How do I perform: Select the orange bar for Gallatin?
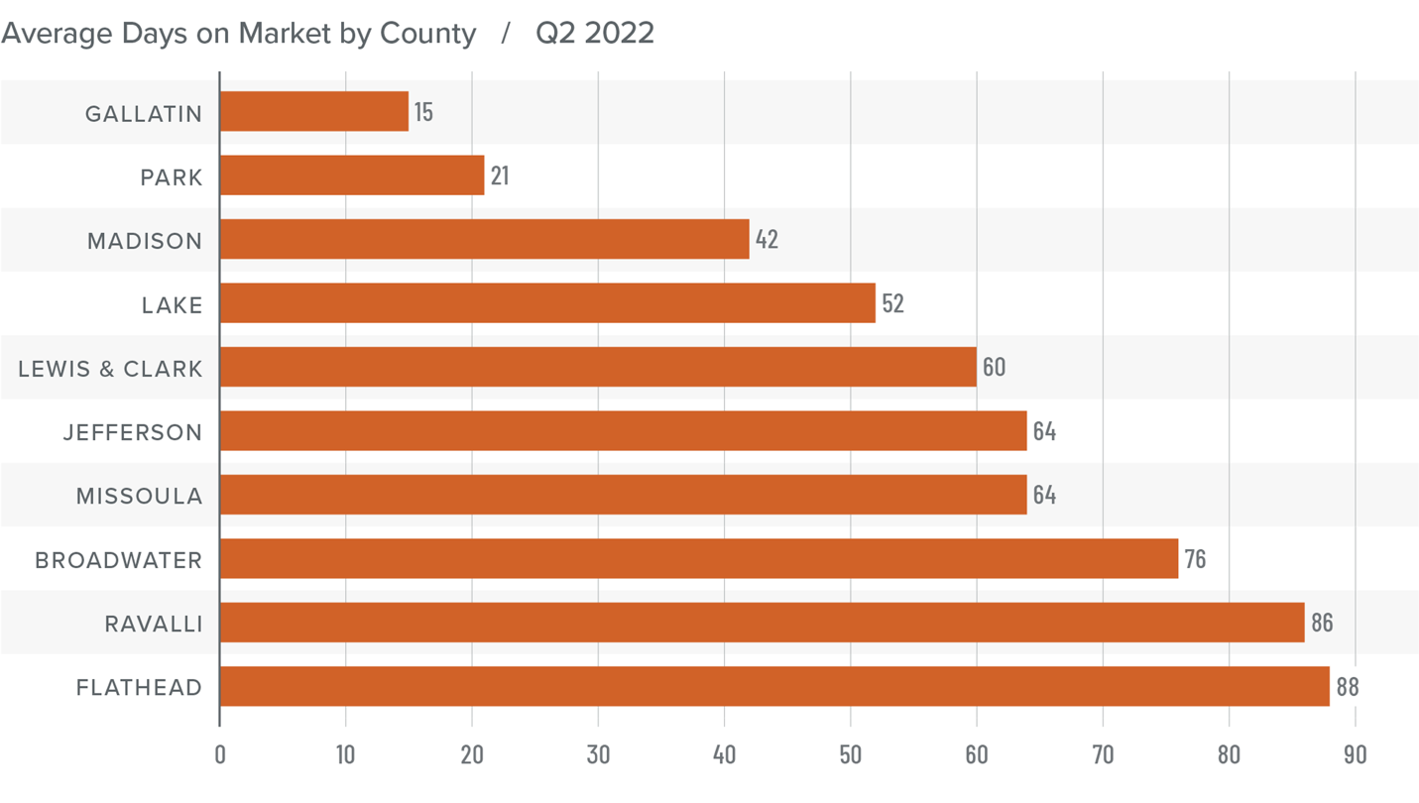(313, 111)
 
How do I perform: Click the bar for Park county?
(351, 175)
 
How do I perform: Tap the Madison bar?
(484, 239)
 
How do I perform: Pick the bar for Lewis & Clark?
(597, 367)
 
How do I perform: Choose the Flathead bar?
(773, 686)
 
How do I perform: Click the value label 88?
(1347, 687)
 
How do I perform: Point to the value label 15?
(423, 112)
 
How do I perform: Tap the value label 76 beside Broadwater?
(1195, 559)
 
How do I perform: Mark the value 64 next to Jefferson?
(1044, 431)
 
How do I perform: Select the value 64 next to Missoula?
(1044, 495)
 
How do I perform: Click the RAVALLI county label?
(154, 624)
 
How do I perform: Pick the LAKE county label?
(172, 304)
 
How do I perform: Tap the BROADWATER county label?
(119, 560)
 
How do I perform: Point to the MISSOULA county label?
(140, 496)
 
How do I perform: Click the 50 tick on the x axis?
(850, 754)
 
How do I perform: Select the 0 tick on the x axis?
(220, 754)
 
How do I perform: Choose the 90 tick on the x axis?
(1355, 754)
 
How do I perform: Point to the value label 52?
(892, 303)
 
